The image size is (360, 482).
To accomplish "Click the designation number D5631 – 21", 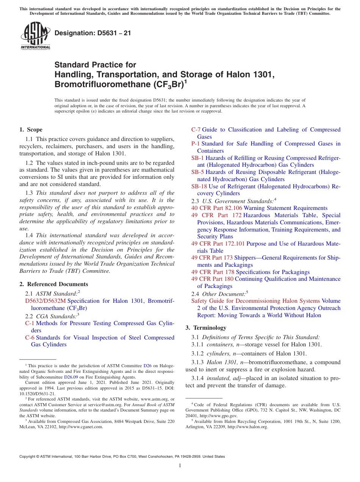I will point(93,33).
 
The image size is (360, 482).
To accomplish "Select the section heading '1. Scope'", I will point(31,130).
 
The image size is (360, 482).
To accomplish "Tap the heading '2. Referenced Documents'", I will point(54,284).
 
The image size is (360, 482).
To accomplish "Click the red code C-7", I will point(196,130).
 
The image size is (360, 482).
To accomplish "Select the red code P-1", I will point(196,144).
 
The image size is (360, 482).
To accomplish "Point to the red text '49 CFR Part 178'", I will point(213,272).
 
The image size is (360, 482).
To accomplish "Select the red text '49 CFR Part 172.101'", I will point(218,244).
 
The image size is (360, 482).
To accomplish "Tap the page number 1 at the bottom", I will point(180,466).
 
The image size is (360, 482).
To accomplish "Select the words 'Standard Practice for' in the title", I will point(95,65).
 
